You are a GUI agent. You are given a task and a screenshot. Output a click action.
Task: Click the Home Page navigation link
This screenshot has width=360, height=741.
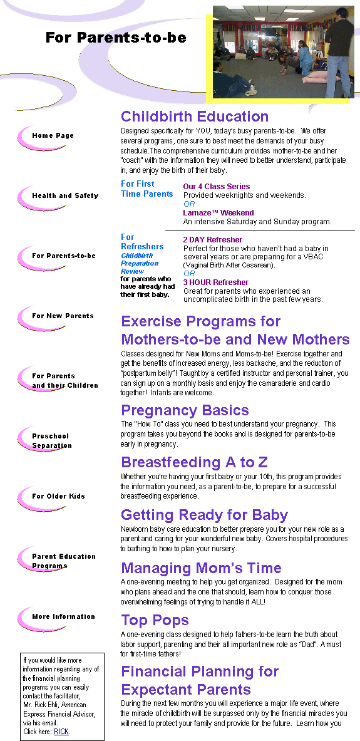[x=53, y=136]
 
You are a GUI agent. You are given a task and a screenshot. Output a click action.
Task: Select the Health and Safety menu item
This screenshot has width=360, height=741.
[x=65, y=195]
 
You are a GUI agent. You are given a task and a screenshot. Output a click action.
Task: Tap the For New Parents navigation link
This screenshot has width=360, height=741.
[x=63, y=316]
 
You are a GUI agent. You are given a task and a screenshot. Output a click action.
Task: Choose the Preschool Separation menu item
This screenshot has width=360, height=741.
[x=52, y=440]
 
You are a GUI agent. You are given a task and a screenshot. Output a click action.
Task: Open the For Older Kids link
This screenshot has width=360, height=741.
[x=59, y=496]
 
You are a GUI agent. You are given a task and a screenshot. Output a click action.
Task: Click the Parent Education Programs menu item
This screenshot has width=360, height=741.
[x=64, y=561]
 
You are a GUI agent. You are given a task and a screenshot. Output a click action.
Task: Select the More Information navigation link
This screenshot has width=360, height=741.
[x=63, y=617]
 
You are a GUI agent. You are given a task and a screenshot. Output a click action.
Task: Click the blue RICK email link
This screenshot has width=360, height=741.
[x=61, y=732]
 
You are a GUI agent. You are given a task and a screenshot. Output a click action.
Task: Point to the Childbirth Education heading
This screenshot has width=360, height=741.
[x=195, y=117]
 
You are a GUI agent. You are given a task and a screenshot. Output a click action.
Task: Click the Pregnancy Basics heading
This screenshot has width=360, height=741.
[x=185, y=410]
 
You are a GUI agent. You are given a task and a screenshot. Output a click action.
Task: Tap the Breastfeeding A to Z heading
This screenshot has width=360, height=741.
[x=194, y=462]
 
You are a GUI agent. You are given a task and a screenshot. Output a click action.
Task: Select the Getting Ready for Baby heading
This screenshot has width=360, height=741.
[x=204, y=515]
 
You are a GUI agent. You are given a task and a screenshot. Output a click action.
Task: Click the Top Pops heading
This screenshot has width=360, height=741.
[x=155, y=620]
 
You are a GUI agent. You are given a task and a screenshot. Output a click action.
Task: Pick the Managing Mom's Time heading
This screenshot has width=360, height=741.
[x=201, y=567]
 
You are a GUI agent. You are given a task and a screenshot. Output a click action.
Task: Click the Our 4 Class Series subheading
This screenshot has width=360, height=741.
[x=217, y=187]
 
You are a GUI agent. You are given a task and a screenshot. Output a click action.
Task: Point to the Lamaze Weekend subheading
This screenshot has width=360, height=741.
[x=219, y=213]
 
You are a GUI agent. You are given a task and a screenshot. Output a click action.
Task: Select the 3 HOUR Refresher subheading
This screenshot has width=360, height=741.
[x=216, y=282]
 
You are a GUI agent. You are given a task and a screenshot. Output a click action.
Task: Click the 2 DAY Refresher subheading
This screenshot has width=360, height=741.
[x=213, y=240]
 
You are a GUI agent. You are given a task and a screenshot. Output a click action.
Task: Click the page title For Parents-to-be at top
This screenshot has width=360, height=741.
[x=116, y=38]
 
